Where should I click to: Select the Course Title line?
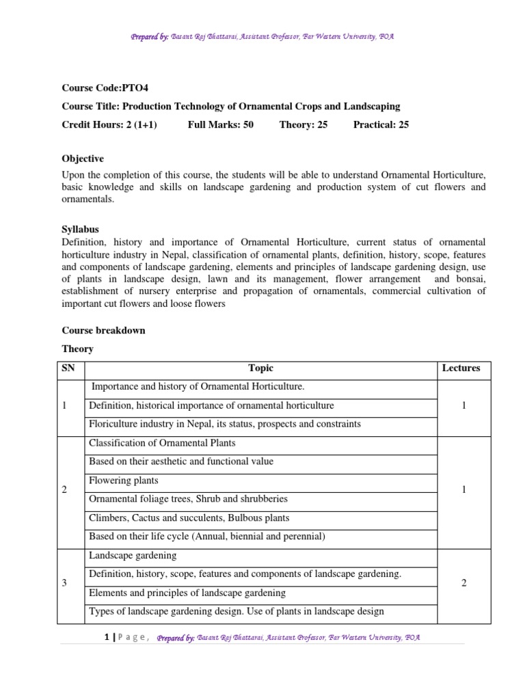click(231, 106)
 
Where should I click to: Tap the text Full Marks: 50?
click(220, 124)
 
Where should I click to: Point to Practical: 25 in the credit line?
click(381, 124)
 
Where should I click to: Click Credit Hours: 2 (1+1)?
click(109, 124)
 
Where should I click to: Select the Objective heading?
click(83, 158)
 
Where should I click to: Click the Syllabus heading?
click(80, 230)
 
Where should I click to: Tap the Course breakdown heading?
click(103, 330)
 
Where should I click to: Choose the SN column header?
click(68, 368)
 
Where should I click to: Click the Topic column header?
click(260, 368)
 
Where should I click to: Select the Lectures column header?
click(461, 368)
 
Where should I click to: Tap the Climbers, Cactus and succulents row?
click(189, 517)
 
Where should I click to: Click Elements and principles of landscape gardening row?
click(187, 593)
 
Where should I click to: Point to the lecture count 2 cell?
click(463, 583)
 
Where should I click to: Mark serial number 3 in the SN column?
click(64, 583)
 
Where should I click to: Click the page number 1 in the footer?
click(107, 637)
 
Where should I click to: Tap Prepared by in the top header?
click(150, 36)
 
